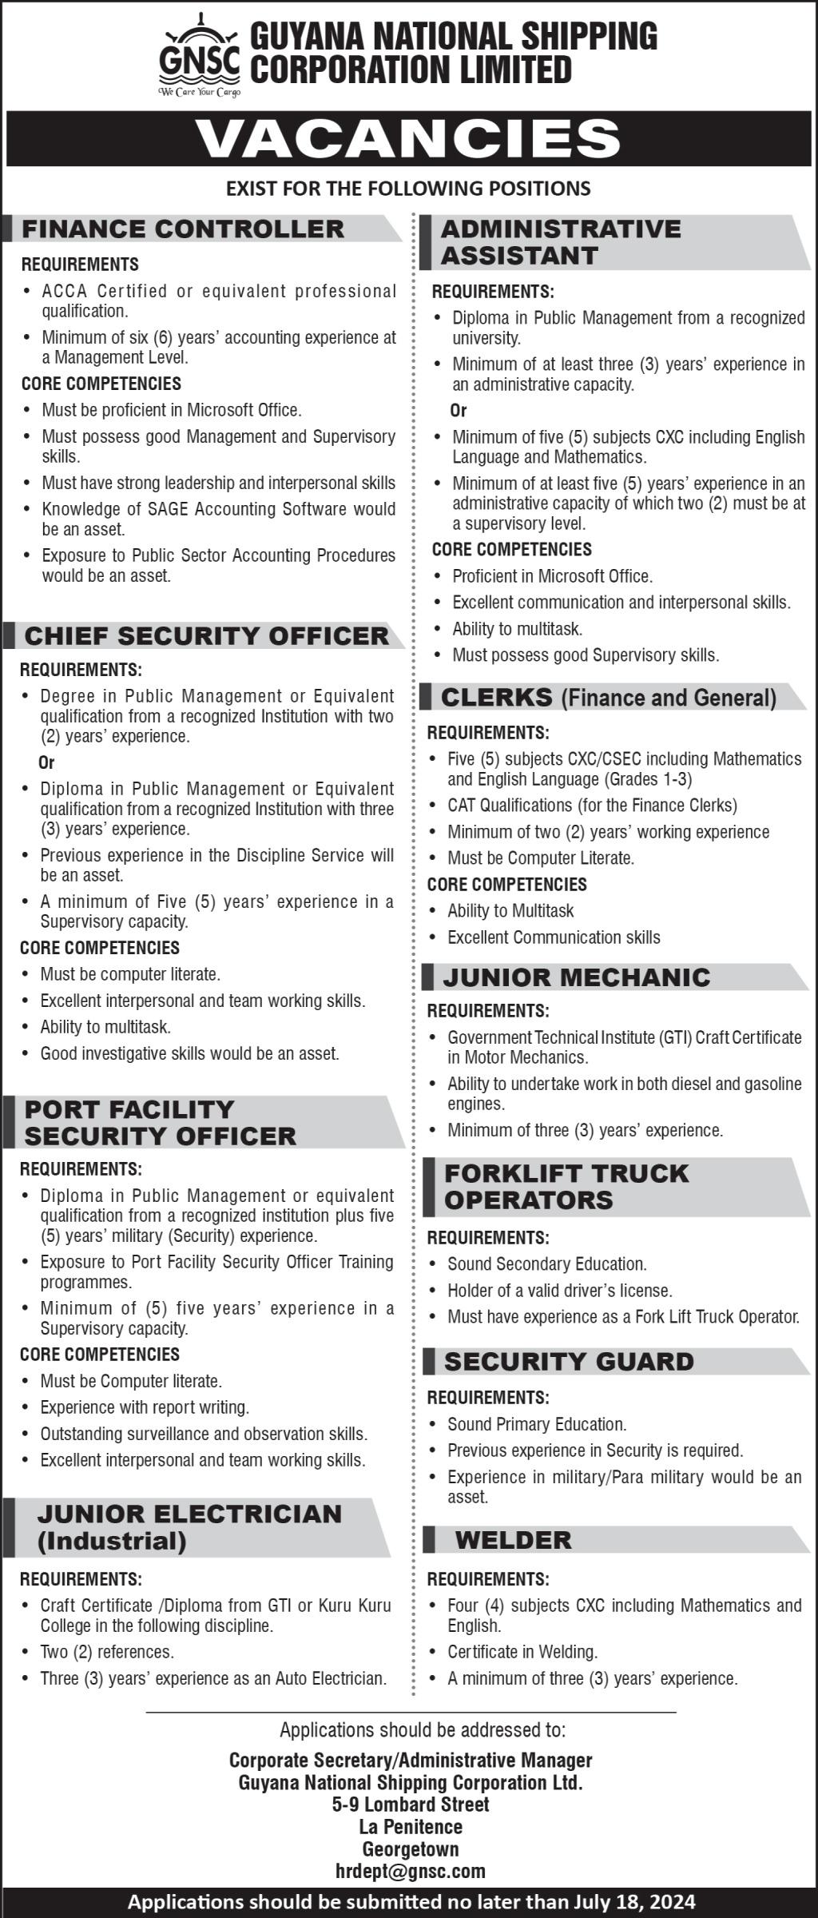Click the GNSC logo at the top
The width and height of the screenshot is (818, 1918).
click(200, 56)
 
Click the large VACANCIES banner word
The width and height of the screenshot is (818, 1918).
click(408, 139)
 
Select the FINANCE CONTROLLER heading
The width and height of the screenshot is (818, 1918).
click(183, 229)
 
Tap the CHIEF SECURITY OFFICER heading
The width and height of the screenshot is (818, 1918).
click(206, 636)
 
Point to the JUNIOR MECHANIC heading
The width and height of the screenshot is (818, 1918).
click(576, 977)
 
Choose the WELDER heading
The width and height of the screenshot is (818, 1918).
click(513, 1540)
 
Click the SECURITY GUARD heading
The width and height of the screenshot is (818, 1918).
click(569, 1361)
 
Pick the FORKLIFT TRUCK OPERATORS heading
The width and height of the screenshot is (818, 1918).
click(566, 1186)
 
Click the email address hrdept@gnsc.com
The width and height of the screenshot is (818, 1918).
click(411, 1871)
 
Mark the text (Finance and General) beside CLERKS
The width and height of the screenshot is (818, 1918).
click(669, 698)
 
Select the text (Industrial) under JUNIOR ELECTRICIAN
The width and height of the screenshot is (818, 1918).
click(112, 1540)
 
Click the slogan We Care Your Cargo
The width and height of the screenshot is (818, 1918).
click(200, 93)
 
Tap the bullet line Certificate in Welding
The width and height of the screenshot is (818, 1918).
click(522, 1652)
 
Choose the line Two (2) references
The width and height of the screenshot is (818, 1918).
click(107, 1652)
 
